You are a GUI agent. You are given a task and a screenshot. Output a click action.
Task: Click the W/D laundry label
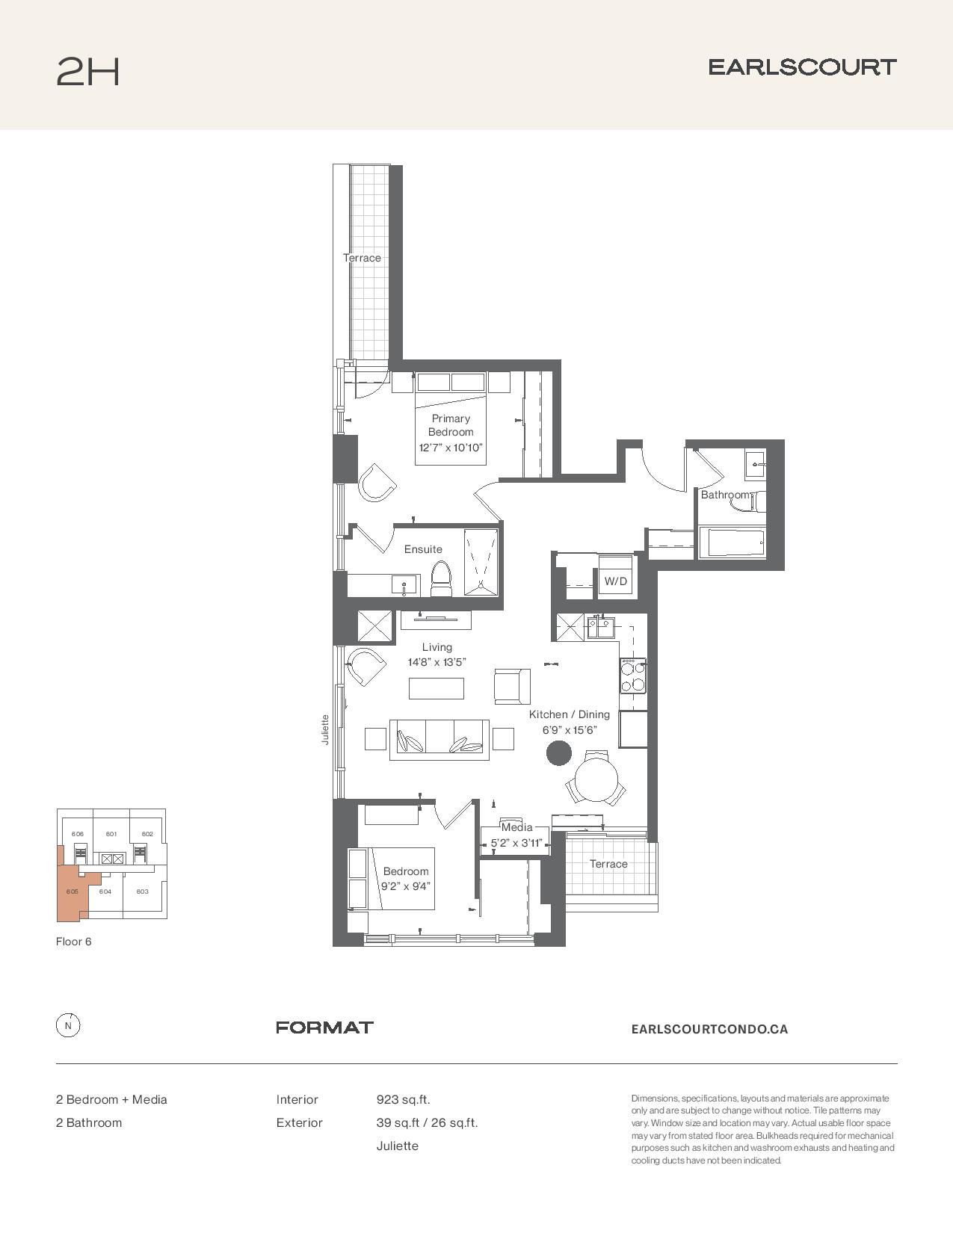[x=615, y=581]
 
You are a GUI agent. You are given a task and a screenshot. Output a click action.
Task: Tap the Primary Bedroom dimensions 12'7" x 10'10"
[x=451, y=447]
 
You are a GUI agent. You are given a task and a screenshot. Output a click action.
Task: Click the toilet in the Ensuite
[x=441, y=578]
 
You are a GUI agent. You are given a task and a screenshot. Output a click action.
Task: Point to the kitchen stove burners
[x=633, y=676]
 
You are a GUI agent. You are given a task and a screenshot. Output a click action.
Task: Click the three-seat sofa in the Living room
[x=440, y=740]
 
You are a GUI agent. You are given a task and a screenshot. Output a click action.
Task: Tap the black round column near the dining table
[x=558, y=753]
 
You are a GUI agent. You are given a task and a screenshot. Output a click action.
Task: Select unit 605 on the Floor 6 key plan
[x=72, y=891]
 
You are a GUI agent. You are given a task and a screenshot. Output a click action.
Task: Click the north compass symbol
[x=68, y=1026]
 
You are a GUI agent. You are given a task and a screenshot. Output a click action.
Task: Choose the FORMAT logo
[x=324, y=1027]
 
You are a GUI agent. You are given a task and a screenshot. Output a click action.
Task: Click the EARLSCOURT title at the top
[x=802, y=67]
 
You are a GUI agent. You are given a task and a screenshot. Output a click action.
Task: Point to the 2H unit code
[x=88, y=72]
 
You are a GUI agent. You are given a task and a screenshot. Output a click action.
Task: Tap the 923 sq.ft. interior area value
[x=403, y=1099]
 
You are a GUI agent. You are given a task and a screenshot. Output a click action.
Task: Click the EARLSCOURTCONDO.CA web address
[x=709, y=1029]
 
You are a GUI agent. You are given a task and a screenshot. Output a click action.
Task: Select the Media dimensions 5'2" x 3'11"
[x=516, y=843]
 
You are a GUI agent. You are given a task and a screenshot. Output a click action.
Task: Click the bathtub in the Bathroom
[x=735, y=543]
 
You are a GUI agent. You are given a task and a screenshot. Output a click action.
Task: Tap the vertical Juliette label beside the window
[x=325, y=729]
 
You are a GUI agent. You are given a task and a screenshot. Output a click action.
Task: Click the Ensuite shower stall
[x=481, y=562]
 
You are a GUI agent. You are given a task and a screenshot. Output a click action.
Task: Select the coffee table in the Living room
[x=436, y=688]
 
